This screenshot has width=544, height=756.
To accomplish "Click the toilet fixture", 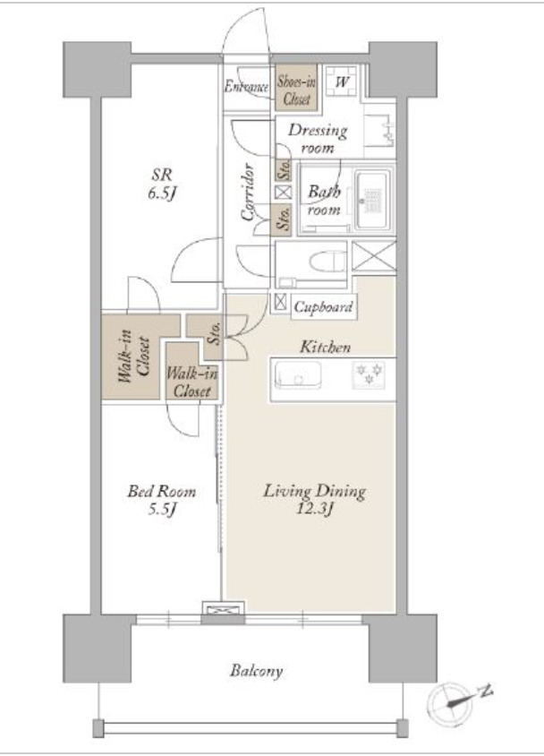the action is (327, 262).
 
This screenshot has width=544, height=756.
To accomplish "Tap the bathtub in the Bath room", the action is (371, 200).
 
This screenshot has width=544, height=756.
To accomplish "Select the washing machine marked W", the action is (341, 80).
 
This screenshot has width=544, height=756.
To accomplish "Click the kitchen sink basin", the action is (298, 374).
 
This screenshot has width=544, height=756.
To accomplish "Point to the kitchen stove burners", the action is (369, 374).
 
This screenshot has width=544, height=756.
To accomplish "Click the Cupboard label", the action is (324, 307).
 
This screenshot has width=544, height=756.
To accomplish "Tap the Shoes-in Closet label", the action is (296, 90).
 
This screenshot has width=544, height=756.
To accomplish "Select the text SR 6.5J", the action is (162, 184).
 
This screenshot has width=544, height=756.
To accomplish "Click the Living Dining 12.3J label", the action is (314, 500).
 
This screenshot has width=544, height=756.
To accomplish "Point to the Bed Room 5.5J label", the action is (161, 500).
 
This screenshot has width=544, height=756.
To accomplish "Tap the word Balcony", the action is (256, 671).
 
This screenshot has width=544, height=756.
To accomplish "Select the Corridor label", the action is (247, 193).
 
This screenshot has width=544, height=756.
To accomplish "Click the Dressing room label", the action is (318, 138).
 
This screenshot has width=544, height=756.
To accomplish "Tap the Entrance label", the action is (246, 87).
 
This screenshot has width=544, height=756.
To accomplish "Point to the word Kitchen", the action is (325, 347).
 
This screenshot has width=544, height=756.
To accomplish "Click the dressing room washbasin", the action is (380, 130).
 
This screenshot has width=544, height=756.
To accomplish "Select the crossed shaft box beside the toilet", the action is (374, 256).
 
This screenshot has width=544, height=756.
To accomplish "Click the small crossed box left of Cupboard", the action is (280, 302).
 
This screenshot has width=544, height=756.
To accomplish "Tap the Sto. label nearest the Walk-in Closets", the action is (215, 332).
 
